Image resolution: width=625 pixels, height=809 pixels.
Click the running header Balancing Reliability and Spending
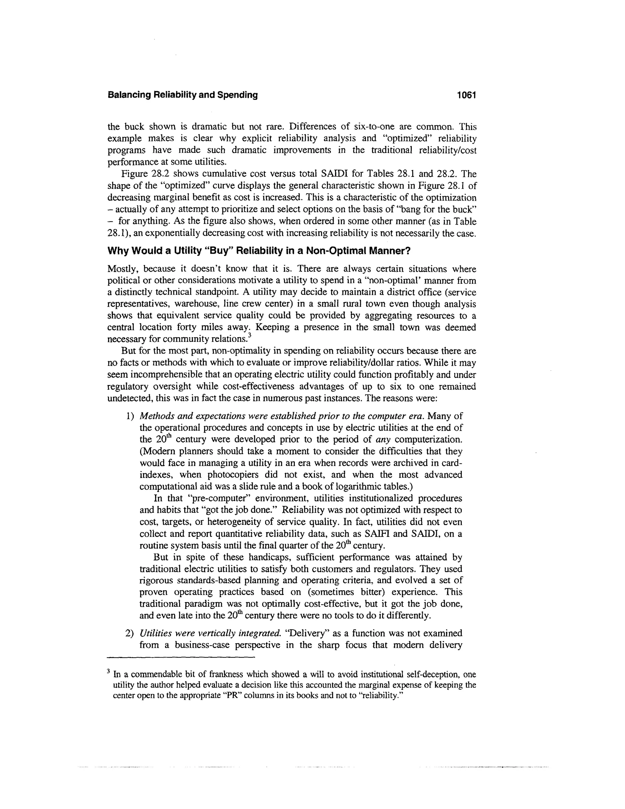(x=182, y=95)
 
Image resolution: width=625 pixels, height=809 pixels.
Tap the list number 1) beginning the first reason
(x=130, y=416)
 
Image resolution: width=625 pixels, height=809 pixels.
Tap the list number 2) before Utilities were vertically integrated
(x=130, y=633)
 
